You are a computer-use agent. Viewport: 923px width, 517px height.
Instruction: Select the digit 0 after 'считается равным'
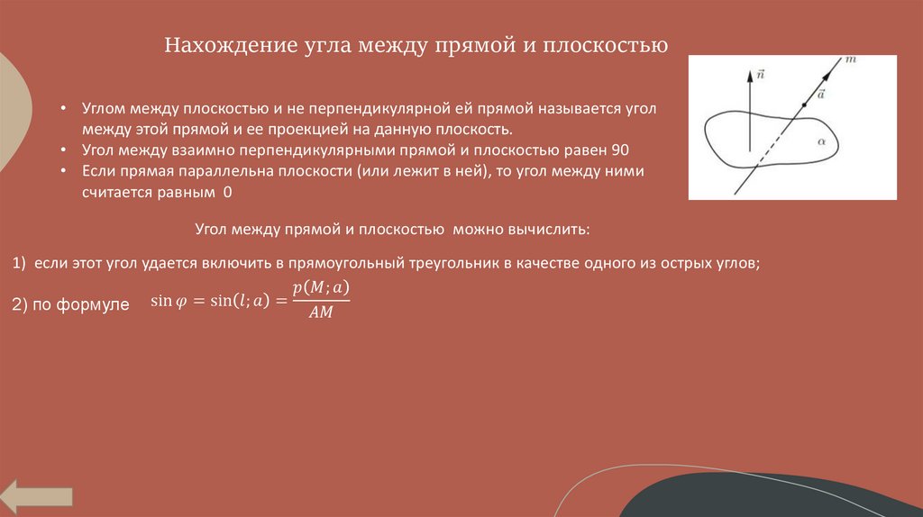[x=227, y=193]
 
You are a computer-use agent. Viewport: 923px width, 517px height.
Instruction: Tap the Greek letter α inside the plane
[x=821, y=141]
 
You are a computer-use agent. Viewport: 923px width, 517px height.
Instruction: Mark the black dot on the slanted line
[x=805, y=103]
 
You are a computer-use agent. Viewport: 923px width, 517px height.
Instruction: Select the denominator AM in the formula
[x=321, y=314]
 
